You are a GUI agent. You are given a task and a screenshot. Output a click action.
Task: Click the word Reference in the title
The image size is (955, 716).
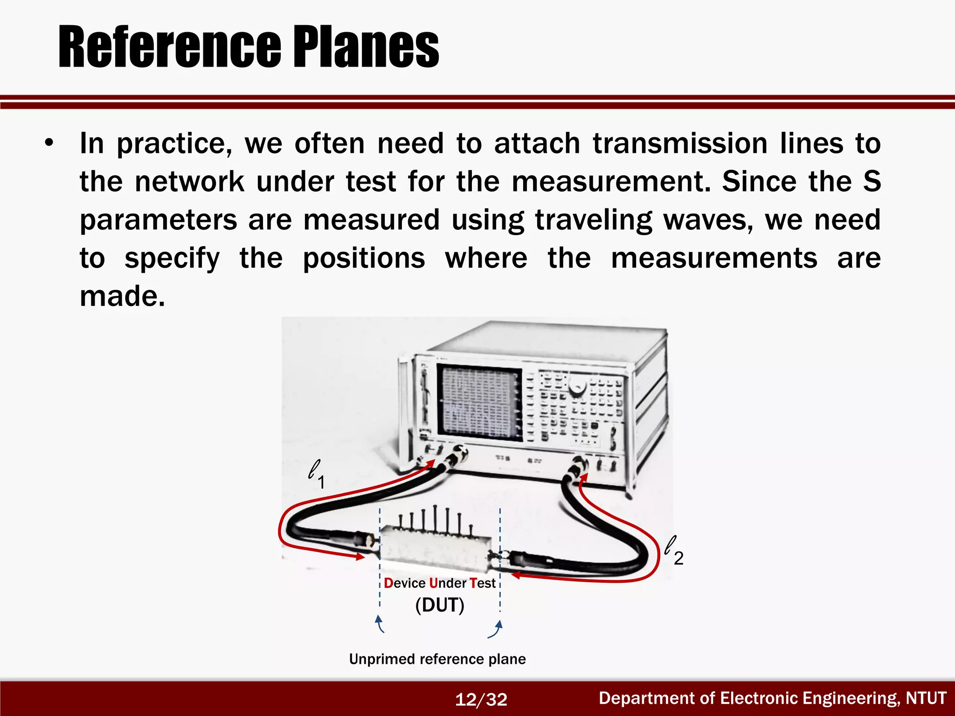pos(169,47)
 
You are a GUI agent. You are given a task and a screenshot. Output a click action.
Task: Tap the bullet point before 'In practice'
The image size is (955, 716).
pos(49,143)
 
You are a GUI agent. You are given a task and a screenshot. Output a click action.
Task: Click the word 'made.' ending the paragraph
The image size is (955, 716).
pos(122,296)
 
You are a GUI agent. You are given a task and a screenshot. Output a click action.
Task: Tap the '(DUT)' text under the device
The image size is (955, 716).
pos(439,605)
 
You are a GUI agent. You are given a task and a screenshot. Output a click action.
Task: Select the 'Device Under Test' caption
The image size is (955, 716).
pos(439,583)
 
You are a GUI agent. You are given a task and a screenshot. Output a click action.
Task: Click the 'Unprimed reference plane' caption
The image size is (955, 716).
pos(437,659)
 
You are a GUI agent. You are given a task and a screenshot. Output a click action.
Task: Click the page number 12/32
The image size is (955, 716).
pos(481,699)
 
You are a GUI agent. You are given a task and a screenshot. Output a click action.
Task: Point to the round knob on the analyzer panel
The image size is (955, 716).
pos(578,386)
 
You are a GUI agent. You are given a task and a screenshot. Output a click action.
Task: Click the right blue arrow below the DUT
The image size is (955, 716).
pos(496,628)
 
